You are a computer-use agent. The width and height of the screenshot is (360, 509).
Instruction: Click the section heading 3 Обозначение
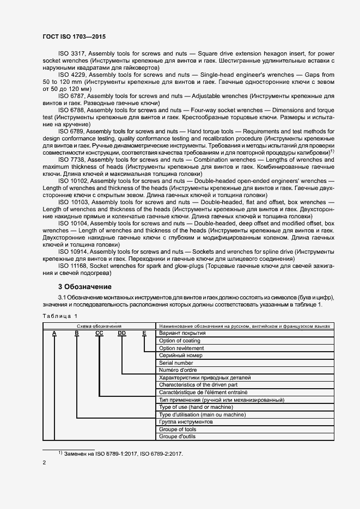[84, 286]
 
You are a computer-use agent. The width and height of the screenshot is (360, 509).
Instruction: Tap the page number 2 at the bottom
[44, 462]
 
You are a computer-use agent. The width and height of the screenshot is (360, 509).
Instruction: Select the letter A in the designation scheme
[54, 333]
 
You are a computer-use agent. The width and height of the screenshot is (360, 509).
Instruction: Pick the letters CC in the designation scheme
[99, 333]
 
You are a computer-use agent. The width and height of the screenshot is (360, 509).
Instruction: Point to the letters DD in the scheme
[121, 333]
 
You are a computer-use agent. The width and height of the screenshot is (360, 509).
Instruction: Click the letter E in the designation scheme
[144, 333]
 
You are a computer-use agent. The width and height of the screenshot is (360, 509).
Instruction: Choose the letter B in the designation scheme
[77, 333]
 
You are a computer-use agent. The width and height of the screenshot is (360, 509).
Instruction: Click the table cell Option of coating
[180, 340]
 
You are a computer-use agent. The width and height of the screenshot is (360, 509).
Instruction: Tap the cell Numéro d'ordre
[178, 370]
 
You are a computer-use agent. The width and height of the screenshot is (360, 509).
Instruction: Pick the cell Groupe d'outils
[178, 437]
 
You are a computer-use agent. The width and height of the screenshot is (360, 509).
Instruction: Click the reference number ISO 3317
[71, 53]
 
